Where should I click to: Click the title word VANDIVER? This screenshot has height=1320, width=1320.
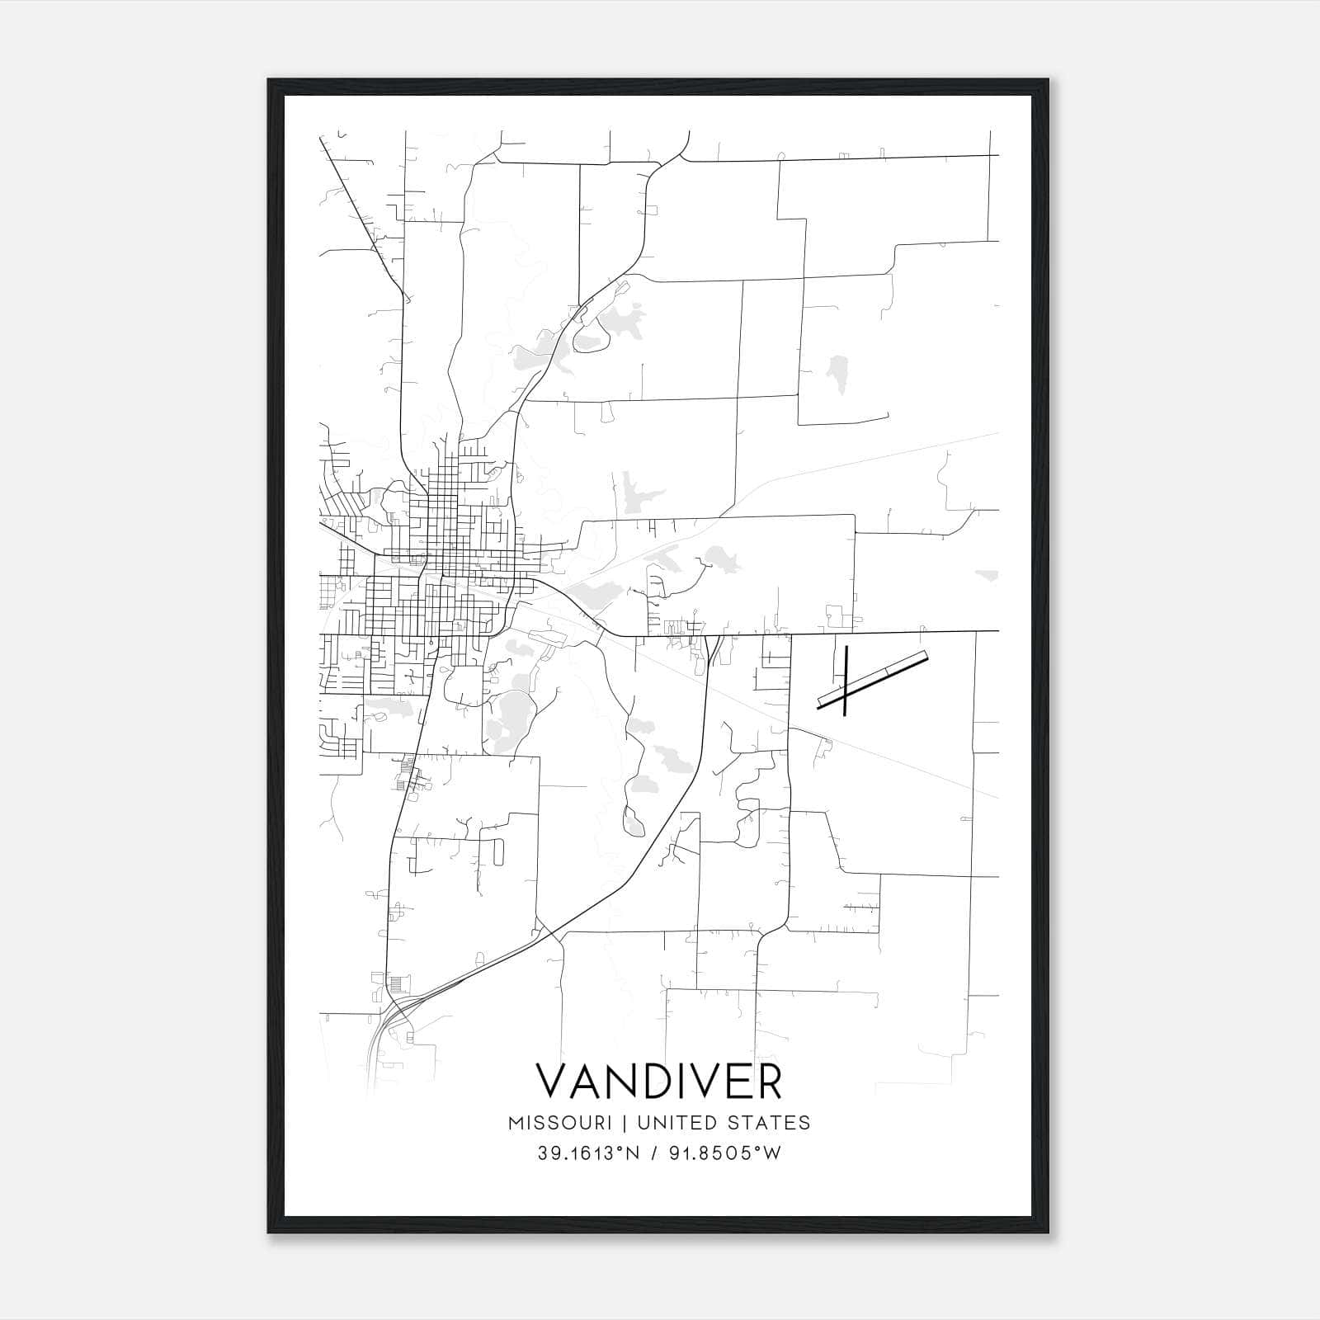pos(658,1082)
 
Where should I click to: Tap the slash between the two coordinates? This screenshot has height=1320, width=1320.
pos(653,1153)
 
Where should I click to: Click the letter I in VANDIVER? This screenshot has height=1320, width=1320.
pos(678,1082)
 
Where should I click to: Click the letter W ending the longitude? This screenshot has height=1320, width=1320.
pos(771,1153)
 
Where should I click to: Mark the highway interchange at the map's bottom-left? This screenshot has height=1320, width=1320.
pos(394,1011)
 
